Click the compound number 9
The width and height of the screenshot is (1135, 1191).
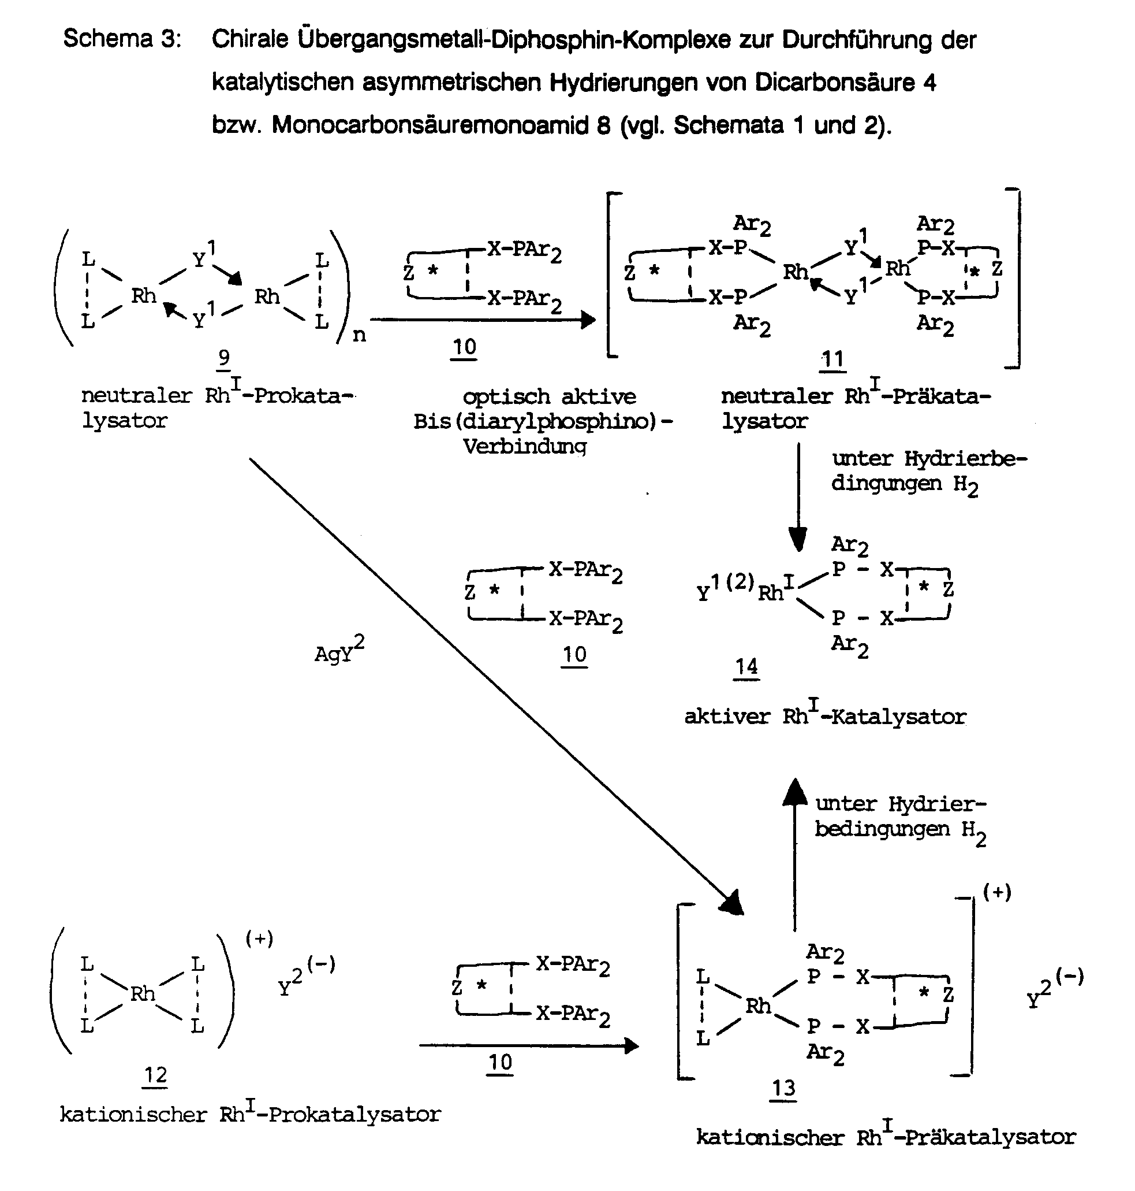coord(224,358)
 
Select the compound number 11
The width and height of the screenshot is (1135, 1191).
coord(832,359)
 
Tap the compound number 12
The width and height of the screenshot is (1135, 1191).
coord(155,1075)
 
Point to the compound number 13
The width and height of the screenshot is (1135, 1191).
coord(783,1088)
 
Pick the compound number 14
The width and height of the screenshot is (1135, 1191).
coord(746,667)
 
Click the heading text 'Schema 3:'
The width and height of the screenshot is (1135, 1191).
coord(122,39)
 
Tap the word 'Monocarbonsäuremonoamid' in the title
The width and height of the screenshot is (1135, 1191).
coord(440,125)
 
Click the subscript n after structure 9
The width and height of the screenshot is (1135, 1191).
coord(359,335)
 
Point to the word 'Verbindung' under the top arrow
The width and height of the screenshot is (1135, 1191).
coord(525,447)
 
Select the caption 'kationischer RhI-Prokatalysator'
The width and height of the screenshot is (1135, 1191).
coord(251,1112)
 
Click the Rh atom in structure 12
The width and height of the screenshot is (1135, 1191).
coord(143,993)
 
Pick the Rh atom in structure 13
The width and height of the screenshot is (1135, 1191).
coord(758,1006)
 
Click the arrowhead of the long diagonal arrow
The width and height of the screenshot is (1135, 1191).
coord(731,903)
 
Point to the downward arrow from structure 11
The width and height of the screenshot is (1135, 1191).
coord(798,497)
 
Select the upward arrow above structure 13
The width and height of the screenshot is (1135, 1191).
coord(795,854)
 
